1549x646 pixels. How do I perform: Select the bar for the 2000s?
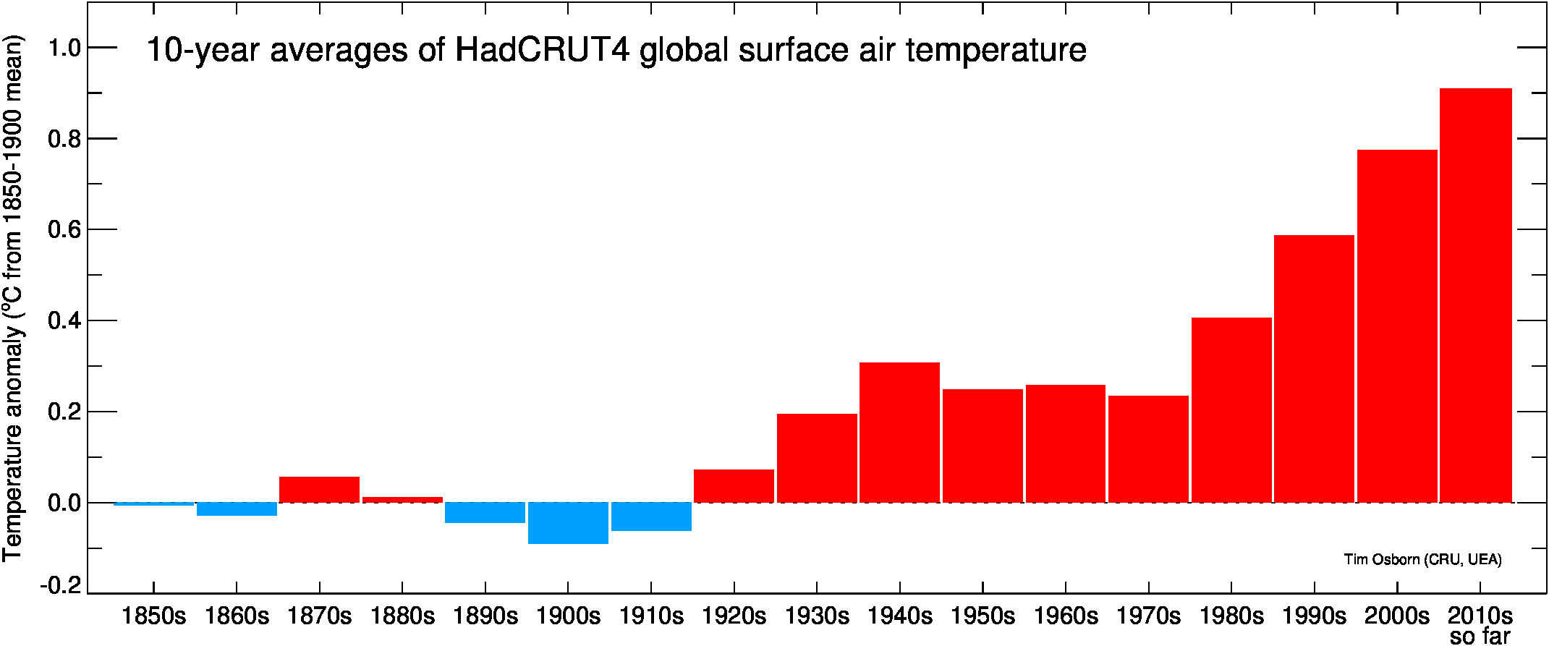pyautogui.click(x=1396, y=326)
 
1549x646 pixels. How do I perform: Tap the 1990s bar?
pyautogui.click(x=1314, y=368)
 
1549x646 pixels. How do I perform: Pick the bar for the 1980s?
pyautogui.click(x=1231, y=409)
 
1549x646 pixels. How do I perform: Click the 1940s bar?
pyautogui.click(x=899, y=432)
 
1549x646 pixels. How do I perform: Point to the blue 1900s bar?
pyautogui.click(x=568, y=522)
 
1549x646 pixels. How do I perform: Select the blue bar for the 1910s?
pyautogui.click(x=651, y=517)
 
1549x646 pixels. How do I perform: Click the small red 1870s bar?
pyautogui.click(x=319, y=489)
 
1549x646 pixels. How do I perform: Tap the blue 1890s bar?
pyautogui.click(x=485, y=512)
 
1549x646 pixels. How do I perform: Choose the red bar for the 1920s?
pyautogui.click(x=734, y=485)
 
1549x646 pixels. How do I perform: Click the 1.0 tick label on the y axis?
pyautogui.click(x=64, y=48)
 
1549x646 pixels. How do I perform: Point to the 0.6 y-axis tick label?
pyautogui.click(x=64, y=230)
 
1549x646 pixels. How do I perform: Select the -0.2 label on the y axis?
pyautogui.click(x=61, y=585)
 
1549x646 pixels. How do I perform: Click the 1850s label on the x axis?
pyautogui.click(x=153, y=616)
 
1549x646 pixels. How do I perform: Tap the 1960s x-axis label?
pyautogui.click(x=1065, y=616)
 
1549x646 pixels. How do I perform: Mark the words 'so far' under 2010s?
pyautogui.click(x=1480, y=637)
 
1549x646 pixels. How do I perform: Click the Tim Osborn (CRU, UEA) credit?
pyautogui.click(x=1422, y=559)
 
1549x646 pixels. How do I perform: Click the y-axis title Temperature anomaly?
pyautogui.click(x=13, y=297)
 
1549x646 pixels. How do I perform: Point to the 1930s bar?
pyautogui.click(x=817, y=458)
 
